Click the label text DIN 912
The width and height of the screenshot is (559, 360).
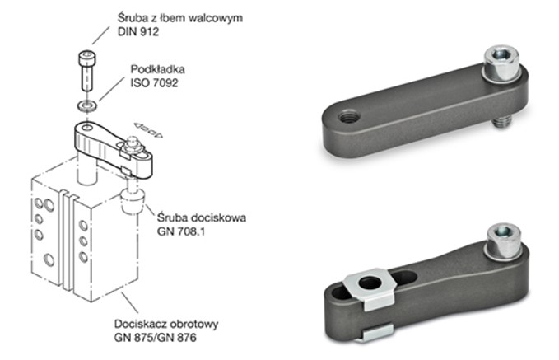coord(138,32)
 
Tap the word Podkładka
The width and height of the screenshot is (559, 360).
coord(157,69)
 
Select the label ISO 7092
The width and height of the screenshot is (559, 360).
coord(154,83)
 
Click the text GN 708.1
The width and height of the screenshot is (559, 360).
coord(181,231)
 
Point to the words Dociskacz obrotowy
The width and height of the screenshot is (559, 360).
coord(166,324)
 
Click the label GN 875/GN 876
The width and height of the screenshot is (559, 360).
coord(155,338)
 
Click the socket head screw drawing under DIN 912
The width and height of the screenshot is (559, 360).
coord(86,71)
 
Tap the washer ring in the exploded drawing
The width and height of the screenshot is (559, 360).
coord(87,105)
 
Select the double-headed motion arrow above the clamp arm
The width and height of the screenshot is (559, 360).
coord(148,130)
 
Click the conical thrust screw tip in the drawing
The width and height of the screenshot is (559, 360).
coord(133,202)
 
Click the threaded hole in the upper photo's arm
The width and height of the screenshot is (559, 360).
coord(349,117)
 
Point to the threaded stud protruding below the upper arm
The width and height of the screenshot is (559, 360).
coord(502,123)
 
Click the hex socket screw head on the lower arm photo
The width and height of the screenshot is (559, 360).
coord(505,241)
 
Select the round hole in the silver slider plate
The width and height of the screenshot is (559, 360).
coord(370,283)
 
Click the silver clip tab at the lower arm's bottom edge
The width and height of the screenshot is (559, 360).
coord(378,332)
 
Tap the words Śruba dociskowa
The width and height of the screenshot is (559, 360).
coord(202,217)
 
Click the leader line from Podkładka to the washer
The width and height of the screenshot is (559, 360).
coord(112,88)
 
